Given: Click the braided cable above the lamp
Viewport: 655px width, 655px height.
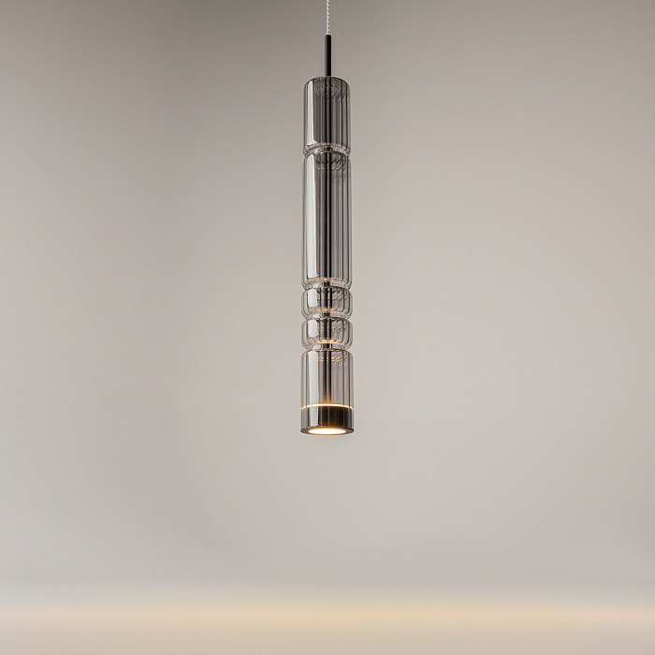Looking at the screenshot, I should pyautogui.click(x=327, y=19).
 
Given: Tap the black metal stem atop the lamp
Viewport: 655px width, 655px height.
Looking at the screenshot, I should pyautogui.click(x=327, y=58).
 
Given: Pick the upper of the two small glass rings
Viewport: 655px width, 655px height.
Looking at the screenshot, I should pyautogui.click(x=327, y=302).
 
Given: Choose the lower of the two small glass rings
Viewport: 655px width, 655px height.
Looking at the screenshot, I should pyautogui.click(x=327, y=332).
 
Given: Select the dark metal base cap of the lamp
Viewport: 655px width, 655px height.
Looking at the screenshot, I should pyautogui.click(x=327, y=421).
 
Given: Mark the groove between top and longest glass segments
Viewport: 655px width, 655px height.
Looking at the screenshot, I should pyautogui.click(x=327, y=152).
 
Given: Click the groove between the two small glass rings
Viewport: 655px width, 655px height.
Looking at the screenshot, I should pyautogui.click(x=327, y=317).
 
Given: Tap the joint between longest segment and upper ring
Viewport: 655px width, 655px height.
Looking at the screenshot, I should pyautogui.click(x=327, y=287).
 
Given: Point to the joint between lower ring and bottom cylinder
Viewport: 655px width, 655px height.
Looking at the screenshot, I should pyautogui.click(x=327, y=348).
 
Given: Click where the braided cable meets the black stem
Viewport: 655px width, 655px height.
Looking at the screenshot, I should pyautogui.click(x=327, y=37).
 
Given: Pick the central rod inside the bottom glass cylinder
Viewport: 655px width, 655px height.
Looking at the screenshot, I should pyautogui.click(x=327, y=379).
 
